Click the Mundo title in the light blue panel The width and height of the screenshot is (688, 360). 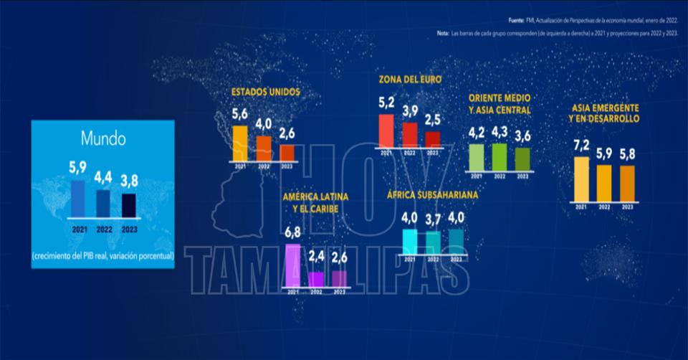click(102, 138)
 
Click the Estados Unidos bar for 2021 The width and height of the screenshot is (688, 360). click(239, 143)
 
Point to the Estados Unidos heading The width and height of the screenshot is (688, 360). click(265, 93)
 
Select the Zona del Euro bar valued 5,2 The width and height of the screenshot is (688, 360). click(386, 131)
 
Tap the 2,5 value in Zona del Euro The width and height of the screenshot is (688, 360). click(433, 118)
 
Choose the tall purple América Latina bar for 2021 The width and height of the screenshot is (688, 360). click(292, 265)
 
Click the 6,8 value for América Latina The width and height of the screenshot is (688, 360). click(292, 232)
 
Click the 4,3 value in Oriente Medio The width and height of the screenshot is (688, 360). click(500, 132)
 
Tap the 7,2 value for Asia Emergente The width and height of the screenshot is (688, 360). click(581, 145)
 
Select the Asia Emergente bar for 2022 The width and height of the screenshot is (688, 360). click(604, 184)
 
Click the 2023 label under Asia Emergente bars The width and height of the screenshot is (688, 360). click(627, 207)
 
